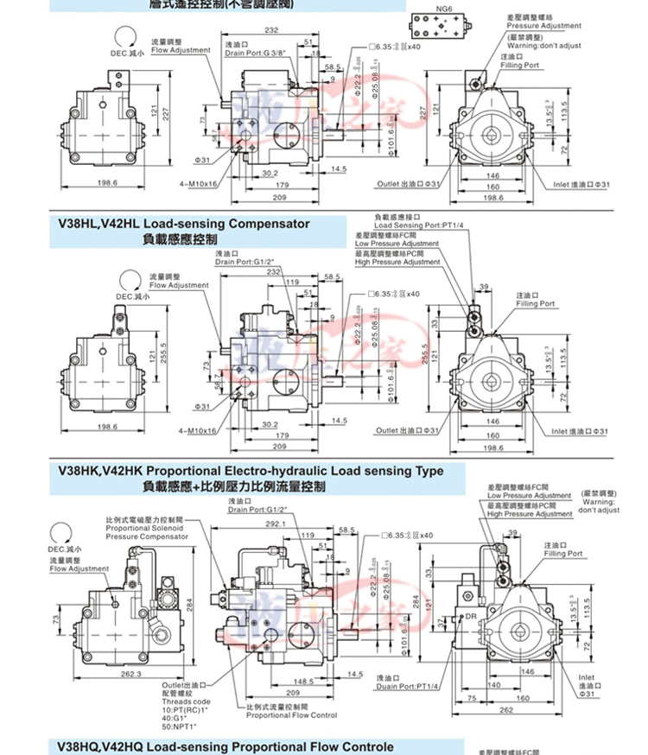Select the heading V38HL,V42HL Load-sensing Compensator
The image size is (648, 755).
click(x=183, y=224)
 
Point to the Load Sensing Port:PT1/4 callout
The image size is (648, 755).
click(x=418, y=225)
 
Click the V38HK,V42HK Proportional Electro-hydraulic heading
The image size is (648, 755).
click(x=250, y=471)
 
